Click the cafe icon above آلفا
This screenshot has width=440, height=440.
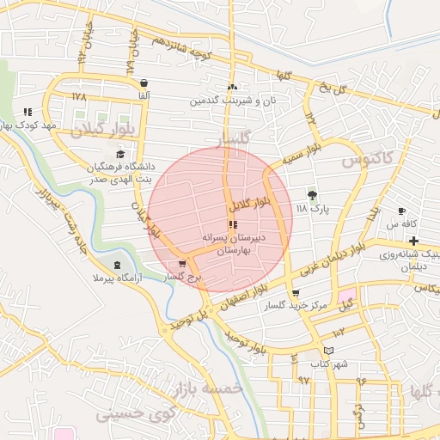coord(144,83)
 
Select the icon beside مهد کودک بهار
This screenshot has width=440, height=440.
coord(27,112)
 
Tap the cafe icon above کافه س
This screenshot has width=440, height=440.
coord(400,211)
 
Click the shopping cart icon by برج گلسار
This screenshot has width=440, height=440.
coord(181,264)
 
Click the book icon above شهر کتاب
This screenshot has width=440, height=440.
coord(328,351)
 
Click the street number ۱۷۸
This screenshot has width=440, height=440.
coord(80,97)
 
